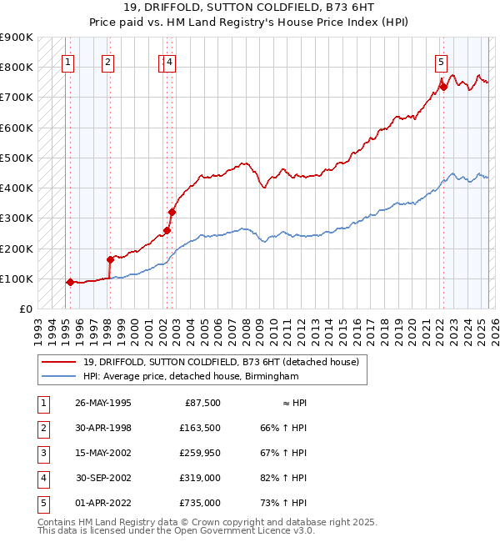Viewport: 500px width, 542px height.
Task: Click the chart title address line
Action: tap(250, 9)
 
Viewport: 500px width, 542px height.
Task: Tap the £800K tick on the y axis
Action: tap(17, 68)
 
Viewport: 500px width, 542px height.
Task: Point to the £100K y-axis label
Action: tap(17, 279)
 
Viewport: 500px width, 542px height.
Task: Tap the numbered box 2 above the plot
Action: tap(108, 61)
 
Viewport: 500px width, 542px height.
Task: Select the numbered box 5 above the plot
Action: tap(441, 61)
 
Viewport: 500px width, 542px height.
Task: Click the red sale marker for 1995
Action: tap(70, 282)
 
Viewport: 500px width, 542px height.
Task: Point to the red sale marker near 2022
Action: tap(443, 87)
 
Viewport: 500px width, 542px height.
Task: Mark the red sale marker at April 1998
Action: tap(110, 259)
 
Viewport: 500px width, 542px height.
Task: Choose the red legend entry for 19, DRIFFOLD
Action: tap(221, 362)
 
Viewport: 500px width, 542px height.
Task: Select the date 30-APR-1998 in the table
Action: tap(103, 428)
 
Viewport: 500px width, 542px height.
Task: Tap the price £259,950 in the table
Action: tap(199, 453)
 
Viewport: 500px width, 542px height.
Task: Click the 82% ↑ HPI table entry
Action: tap(283, 478)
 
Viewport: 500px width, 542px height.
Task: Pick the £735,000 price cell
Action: tap(199, 503)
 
